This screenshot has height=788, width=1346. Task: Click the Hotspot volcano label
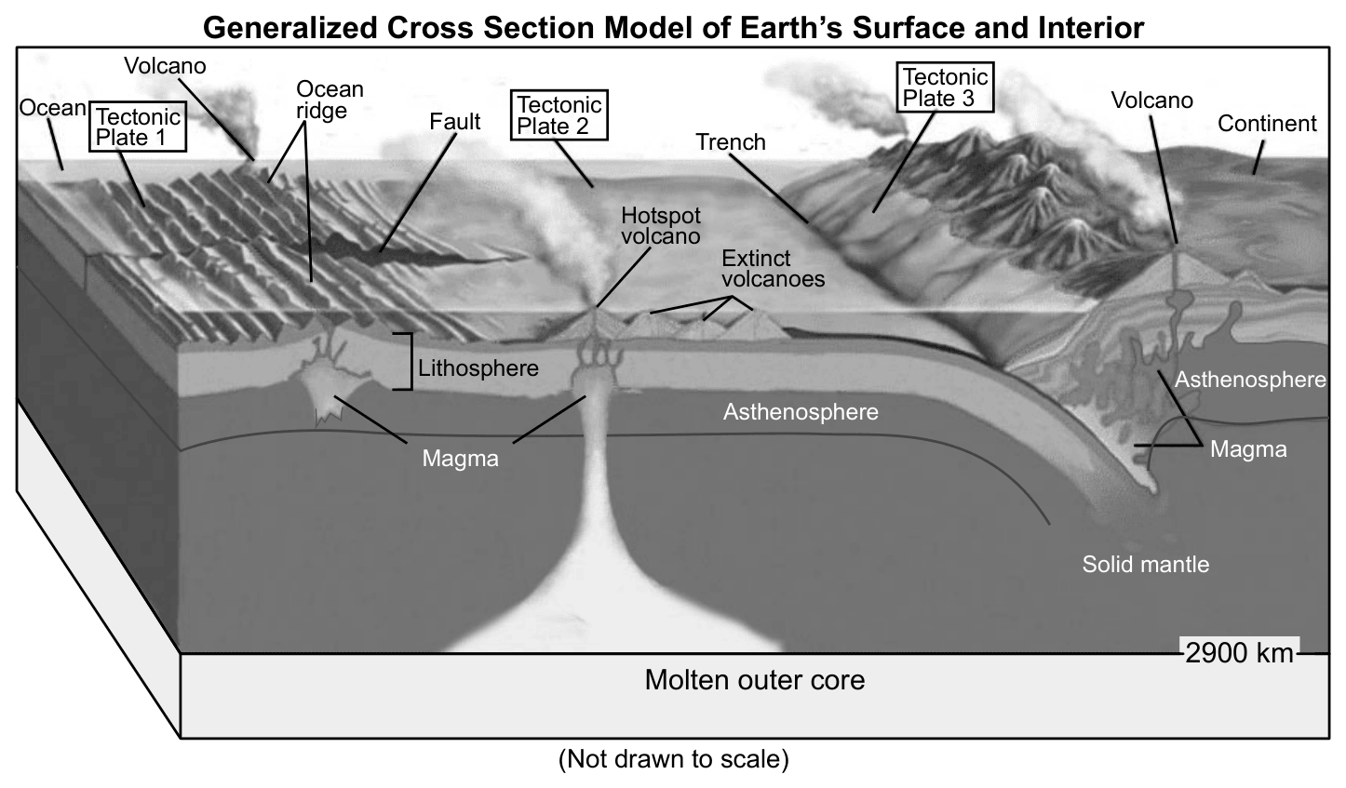[660, 225]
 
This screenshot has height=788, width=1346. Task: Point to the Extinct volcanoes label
[773, 269]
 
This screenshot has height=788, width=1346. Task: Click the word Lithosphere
[478, 367]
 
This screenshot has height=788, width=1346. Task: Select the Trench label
[731, 141]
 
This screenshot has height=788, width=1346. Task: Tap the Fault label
[455, 121]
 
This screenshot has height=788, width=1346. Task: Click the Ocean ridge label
[330, 100]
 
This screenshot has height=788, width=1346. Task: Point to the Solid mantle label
[1145, 564]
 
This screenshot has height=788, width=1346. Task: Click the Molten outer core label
[755, 680]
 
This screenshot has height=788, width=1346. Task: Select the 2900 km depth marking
[1239, 653]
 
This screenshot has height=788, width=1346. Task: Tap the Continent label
[1267, 123]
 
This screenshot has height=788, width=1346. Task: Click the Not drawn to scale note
[674, 758]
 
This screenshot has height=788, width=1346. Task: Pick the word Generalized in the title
[291, 28]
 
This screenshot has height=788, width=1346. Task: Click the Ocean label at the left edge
[52, 108]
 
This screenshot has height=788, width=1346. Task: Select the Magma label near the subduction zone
[1248, 449]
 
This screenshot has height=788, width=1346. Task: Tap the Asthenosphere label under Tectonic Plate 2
[801, 411]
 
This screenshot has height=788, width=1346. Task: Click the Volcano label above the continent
[1151, 100]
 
